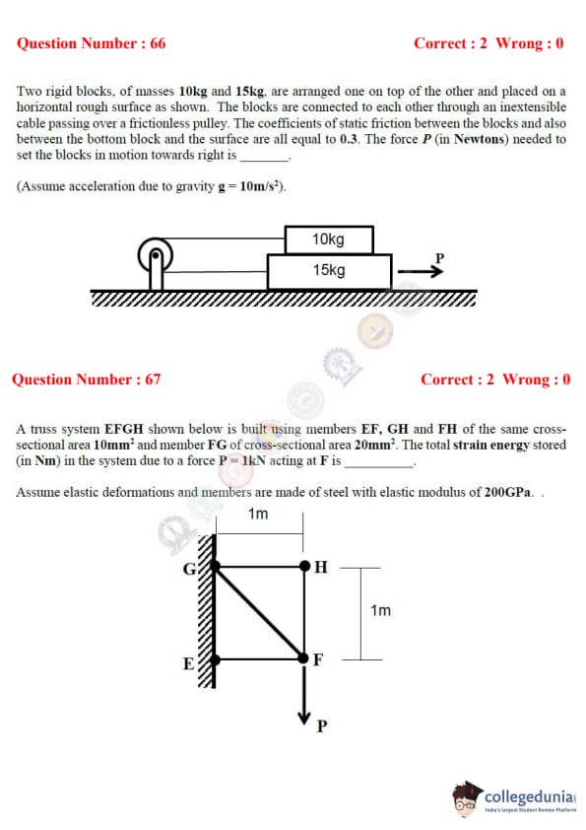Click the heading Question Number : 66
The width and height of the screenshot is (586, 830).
pos(91,43)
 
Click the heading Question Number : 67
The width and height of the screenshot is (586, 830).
pos(87,380)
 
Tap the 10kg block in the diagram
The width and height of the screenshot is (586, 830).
pos(329,240)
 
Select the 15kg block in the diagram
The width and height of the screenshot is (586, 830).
pos(329,271)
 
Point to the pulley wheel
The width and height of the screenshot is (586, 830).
pos(156,254)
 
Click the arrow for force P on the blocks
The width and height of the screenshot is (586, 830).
pos(421,271)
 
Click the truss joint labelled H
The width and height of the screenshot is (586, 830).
pos(304,566)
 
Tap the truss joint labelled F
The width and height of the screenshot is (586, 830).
pos(303,657)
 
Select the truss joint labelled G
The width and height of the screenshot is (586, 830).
pos(215,566)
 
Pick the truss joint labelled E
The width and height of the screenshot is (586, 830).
pos(215,659)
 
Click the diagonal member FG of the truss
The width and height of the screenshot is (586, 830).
pos(259,612)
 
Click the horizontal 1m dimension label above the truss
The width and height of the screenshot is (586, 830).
pos(258,514)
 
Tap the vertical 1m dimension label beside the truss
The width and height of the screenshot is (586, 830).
pos(381,611)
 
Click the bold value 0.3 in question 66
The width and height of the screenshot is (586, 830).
pos(349,139)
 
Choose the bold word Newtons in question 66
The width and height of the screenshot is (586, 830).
pos(482,139)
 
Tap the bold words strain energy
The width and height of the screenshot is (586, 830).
pos(491,446)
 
